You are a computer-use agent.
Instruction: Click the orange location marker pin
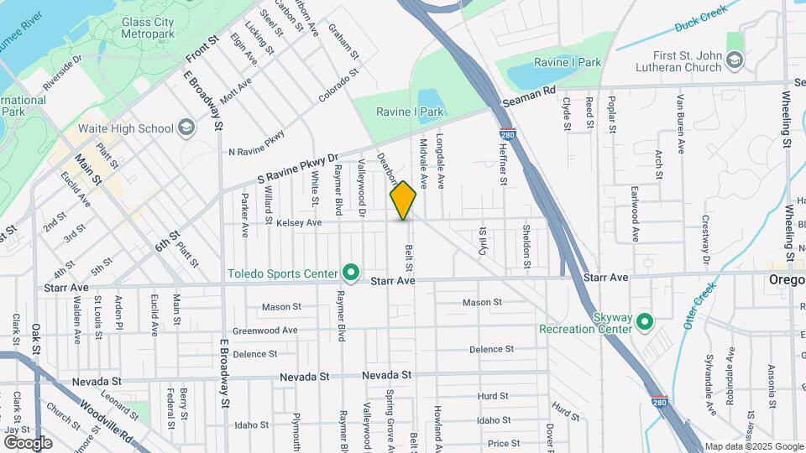tap(404, 200)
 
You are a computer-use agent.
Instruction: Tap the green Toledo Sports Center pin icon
tap(351, 273)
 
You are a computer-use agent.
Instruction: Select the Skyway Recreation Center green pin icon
tap(645, 321)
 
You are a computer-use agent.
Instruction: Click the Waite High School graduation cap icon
tap(186, 128)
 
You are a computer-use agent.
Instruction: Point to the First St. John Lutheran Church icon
tap(735, 59)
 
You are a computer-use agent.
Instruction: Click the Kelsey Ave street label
tap(299, 222)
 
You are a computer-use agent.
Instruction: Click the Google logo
tap(28, 443)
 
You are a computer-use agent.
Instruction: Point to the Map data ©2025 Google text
tap(752, 446)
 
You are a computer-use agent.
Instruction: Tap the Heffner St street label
tap(503, 164)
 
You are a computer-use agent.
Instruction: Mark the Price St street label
tap(504, 443)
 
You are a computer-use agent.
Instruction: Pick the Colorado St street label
tap(338, 87)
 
